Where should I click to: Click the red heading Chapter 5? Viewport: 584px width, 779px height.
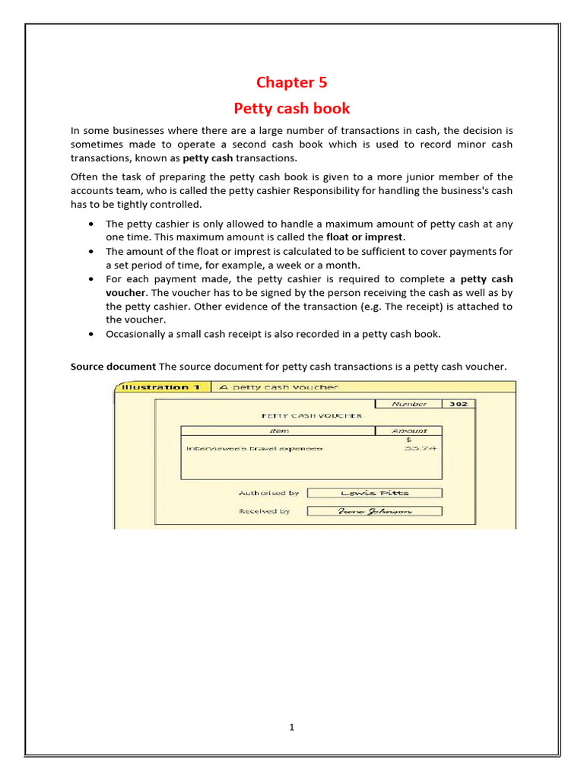coord(291,82)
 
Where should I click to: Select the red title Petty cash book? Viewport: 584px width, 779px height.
coord(291,108)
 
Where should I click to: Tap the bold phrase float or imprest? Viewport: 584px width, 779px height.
coord(365,237)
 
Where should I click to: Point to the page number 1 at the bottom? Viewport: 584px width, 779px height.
coord(291,727)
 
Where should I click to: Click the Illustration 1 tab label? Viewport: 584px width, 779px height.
coord(160,387)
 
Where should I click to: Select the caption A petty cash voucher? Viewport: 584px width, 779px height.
coord(278,387)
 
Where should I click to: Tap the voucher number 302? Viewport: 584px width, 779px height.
coord(458,405)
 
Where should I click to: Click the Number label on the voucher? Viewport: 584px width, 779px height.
coord(409,405)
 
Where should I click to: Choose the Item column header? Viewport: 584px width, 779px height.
coord(279,431)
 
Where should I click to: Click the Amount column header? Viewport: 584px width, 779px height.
coord(409,431)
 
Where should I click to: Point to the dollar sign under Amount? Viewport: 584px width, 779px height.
coord(409,440)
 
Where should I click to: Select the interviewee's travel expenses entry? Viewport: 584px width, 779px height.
coord(254,449)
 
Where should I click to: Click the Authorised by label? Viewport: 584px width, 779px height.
coord(268,493)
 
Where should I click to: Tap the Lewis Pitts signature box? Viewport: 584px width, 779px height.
coord(374,493)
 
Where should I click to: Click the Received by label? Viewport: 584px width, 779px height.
coord(264,511)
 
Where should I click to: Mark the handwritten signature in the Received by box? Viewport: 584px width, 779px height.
coord(374,511)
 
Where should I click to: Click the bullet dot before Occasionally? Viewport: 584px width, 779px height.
coord(91,334)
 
